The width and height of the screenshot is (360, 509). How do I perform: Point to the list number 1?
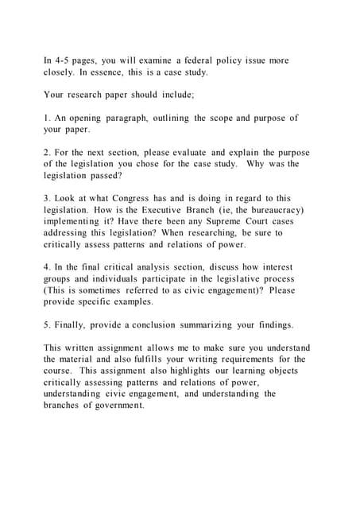click(x=47, y=119)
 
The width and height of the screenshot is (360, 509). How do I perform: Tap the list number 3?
click(x=47, y=198)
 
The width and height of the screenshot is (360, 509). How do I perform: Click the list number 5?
click(x=47, y=324)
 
